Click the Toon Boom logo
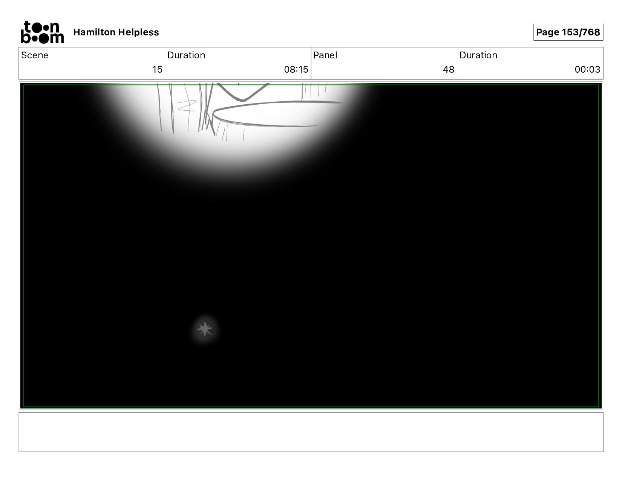[x=42, y=32]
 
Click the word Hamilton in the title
[x=94, y=32]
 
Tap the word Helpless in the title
[x=138, y=32]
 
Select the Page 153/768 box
[x=568, y=32]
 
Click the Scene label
[x=35, y=55]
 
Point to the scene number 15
[x=157, y=70]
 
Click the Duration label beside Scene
[x=186, y=55]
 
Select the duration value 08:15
[x=296, y=70]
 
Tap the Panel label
[x=325, y=55]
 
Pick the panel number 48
[x=449, y=70]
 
